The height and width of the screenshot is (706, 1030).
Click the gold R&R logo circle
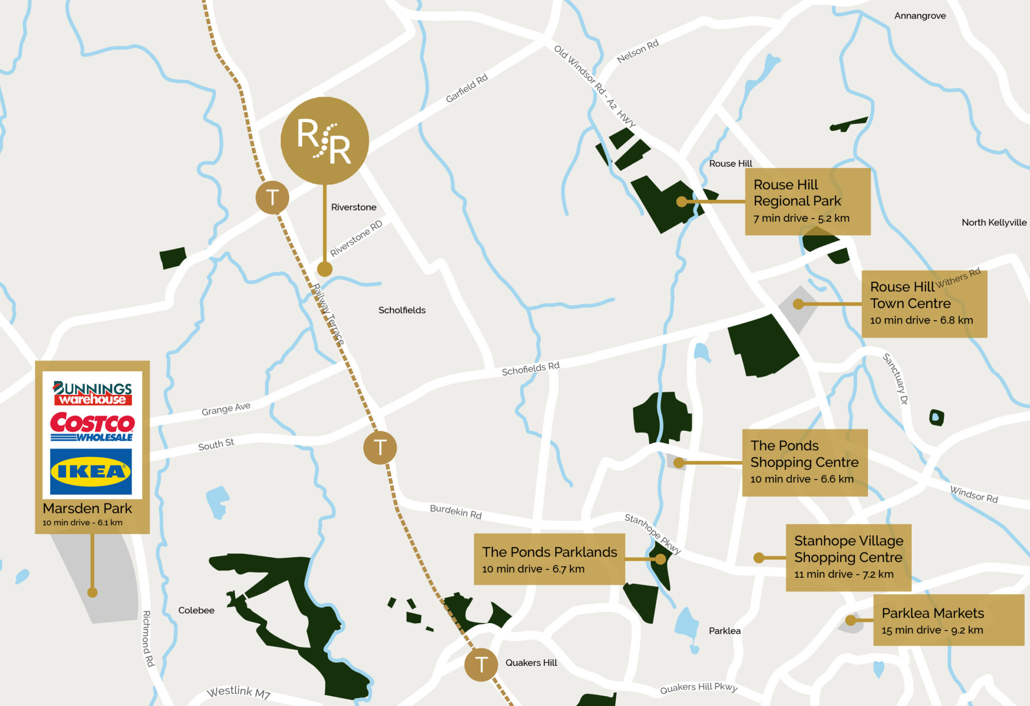(324, 141)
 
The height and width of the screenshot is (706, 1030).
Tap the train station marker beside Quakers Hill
(481, 664)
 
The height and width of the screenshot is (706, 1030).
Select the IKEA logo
(91, 472)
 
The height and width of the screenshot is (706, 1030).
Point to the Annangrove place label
(920, 16)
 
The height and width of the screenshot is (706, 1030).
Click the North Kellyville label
(994, 222)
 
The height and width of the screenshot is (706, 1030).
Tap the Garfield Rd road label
(467, 88)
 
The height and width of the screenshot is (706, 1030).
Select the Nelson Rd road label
(638, 51)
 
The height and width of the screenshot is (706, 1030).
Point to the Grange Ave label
(226, 409)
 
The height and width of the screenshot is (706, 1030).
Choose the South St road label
(216, 445)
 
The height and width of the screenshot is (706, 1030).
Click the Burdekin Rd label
(456, 512)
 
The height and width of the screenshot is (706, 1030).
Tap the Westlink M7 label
(239, 692)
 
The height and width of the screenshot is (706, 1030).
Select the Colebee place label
(196, 610)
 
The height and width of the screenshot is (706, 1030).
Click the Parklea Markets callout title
(932, 613)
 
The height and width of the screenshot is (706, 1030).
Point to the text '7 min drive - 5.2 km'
(801, 218)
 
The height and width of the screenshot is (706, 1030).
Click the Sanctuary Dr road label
(896, 379)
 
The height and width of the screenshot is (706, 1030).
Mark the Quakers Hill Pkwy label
(699, 687)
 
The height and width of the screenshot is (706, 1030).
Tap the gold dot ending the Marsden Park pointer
(92, 592)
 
